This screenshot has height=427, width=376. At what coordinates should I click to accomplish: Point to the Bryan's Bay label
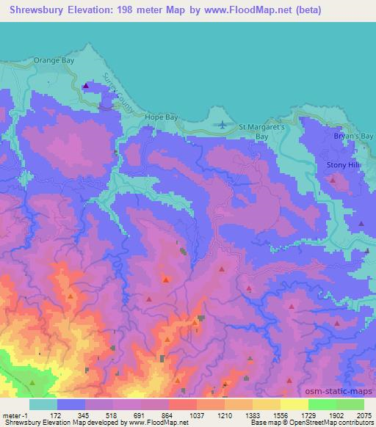click(355, 136)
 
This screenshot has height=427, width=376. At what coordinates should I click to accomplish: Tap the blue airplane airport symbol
click(222, 125)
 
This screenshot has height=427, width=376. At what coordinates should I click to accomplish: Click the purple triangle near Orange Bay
click(87, 86)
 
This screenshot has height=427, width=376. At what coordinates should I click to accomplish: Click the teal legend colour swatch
click(43, 404)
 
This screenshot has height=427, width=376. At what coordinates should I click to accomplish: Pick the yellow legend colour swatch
click(294, 404)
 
